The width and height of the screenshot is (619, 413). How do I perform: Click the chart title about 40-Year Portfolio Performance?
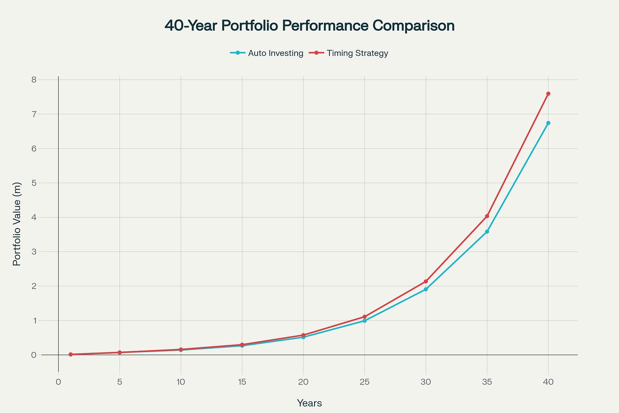pyautogui.click(x=309, y=26)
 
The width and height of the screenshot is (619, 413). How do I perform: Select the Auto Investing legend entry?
pyautogui.click(x=267, y=53)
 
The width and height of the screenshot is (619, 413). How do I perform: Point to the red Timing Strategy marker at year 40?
pyautogui.click(x=548, y=94)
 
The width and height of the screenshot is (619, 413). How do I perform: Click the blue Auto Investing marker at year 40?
pyautogui.click(x=548, y=123)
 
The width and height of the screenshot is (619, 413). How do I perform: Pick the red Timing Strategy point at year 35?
pyautogui.click(x=487, y=216)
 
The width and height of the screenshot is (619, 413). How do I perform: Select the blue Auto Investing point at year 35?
pyautogui.click(x=487, y=232)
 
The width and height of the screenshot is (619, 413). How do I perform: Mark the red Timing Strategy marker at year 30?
pyautogui.click(x=426, y=281)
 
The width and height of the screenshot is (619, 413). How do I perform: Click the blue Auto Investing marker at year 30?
pyautogui.click(x=426, y=290)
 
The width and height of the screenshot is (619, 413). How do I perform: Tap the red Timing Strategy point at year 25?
pyautogui.click(x=364, y=317)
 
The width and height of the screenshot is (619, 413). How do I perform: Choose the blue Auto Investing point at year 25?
pyautogui.click(x=364, y=321)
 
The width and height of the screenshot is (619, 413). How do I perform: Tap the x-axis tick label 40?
pyautogui.click(x=548, y=382)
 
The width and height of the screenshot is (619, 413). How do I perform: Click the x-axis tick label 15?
pyautogui.click(x=242, y=382)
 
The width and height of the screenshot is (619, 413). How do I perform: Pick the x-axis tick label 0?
pyautogui.click(x=58, y=382)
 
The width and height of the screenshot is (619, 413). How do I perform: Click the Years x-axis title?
pyautogui.click(x=309, y=403)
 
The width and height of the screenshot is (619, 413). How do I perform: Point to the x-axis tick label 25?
pyautogui.click(x=364, y=382)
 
